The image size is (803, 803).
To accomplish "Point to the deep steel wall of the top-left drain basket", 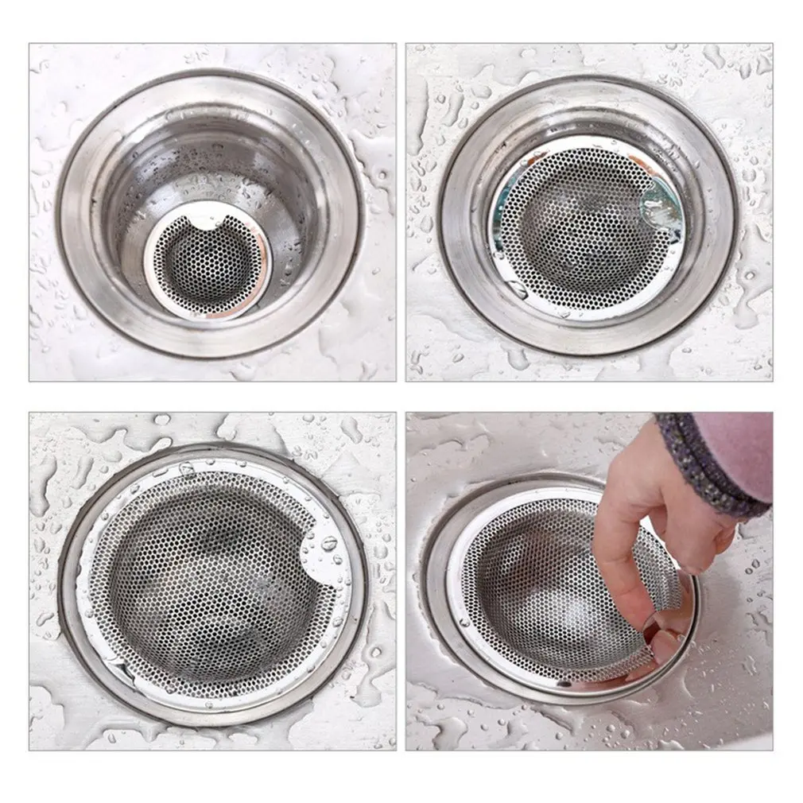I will pyautogui.click(x=159, y=167).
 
